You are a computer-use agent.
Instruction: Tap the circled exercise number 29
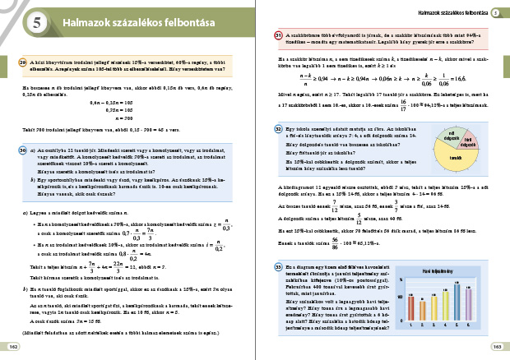coord(23,61)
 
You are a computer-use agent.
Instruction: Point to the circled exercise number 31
coord(279,35)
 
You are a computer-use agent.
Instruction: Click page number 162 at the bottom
coord(14,346)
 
